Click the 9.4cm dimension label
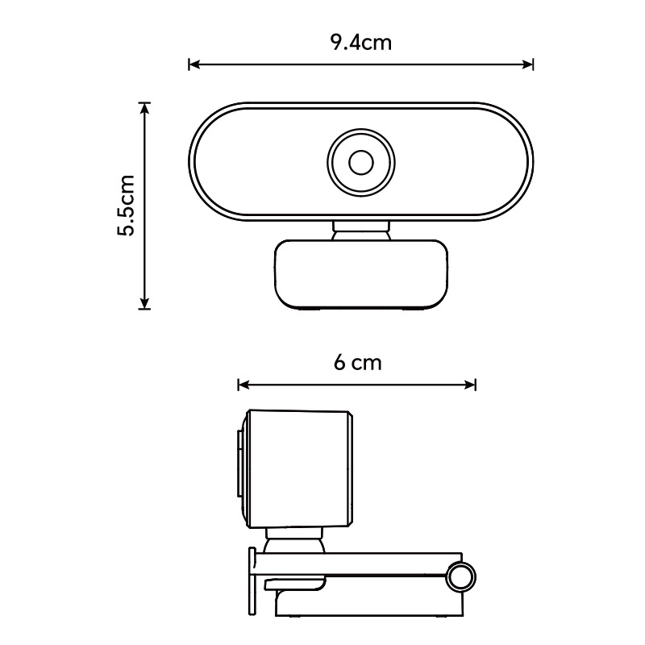tap(360, 43)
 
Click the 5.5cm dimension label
tap(127, 206)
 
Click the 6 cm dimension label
tap(357, 363)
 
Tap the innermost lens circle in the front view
tap(360, 163)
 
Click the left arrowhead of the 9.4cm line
tap(193, 64)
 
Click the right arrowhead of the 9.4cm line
tap(530, 64)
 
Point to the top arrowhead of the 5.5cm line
tap(144, 107)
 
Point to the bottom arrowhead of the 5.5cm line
tap(144, 304)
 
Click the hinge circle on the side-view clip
tap(461, 576)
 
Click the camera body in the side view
tap(298, 468)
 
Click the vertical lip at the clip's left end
tap(252, 580)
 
